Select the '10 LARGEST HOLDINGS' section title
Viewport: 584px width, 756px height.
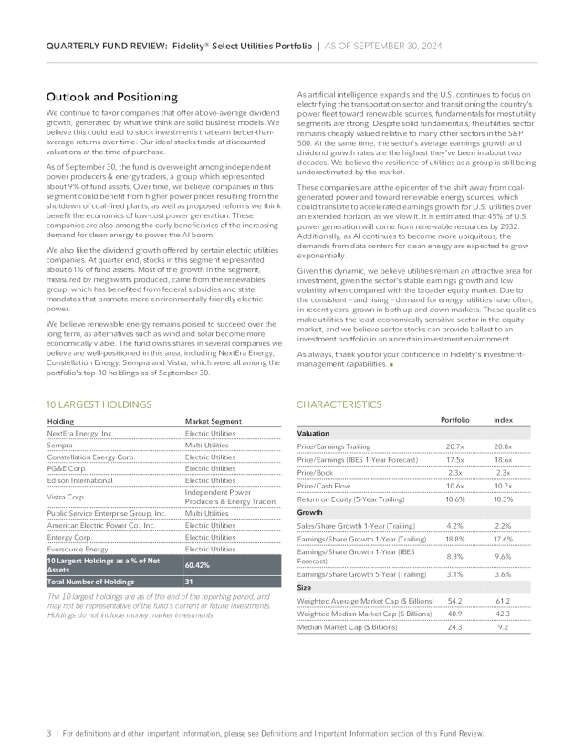point(99,403)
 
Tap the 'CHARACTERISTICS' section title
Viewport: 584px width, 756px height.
point(339,403)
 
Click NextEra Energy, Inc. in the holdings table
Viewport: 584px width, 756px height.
point(79,432)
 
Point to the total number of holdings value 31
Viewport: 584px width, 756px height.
point(190,582)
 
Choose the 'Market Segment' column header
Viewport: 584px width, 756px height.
point(212,420)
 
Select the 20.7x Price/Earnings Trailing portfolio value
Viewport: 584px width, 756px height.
point(455,445)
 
